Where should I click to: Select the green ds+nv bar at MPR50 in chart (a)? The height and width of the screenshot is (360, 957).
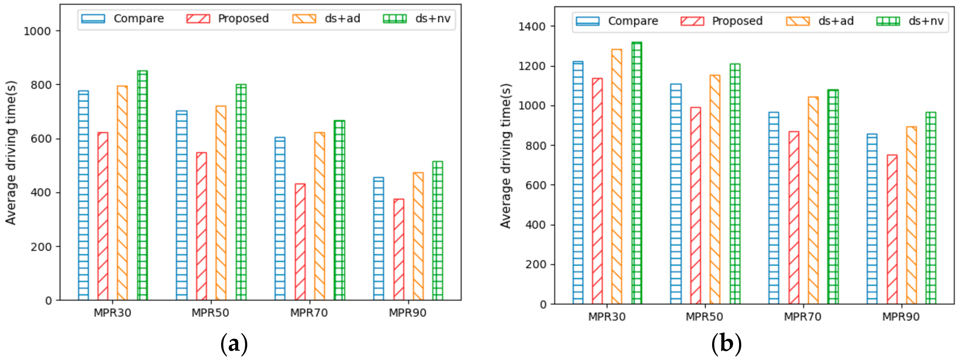(241, 192)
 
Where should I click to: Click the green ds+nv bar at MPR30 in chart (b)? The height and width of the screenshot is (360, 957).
(637, 173)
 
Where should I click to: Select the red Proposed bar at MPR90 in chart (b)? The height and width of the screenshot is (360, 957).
(892, 229)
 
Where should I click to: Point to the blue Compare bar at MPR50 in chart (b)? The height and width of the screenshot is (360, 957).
(676, 194)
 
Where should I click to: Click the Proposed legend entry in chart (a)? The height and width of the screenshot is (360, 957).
(228, 19)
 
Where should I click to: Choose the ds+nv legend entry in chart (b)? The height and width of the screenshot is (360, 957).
(910, 21)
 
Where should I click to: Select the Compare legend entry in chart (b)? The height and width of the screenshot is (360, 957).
(617, 21)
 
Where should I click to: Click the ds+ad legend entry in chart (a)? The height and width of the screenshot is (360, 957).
(326, 19)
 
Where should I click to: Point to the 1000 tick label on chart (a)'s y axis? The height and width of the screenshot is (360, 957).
(37, 31)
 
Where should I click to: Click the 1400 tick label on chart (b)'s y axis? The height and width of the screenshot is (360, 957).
(532, 27)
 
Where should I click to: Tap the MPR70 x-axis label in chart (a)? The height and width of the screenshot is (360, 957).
(309, 313)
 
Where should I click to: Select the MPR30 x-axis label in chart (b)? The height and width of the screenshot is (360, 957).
(607, 317)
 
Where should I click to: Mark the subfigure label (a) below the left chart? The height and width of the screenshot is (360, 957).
(234, 344)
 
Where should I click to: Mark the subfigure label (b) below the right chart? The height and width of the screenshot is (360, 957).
(726, 344)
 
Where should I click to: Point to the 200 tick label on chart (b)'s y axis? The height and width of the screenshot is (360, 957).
(535, 265)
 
